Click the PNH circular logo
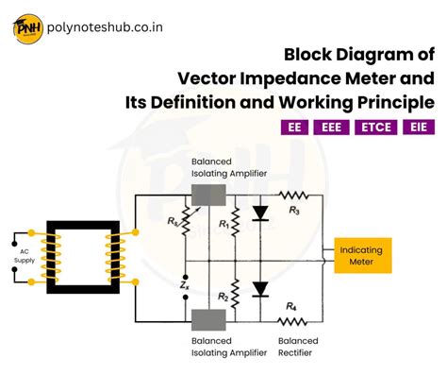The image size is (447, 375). tap(26, 29)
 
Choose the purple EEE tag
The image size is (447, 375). tap(333, 128)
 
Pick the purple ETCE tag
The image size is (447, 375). tap(375, 128)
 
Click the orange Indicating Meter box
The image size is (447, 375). tap(363, 255)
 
